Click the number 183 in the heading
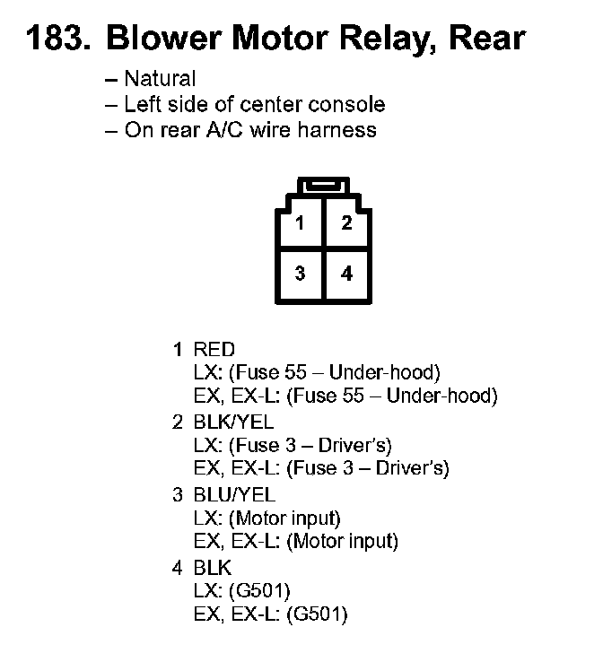pyautogui.click(x=57, y=38)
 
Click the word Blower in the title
pyautogui.click(x=164, y=38)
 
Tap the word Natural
pyautogui.click(x=160, y=79)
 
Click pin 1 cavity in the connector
pyautogui.click(x=300, y=223)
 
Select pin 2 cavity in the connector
pyautogui.click(x=346, y=223)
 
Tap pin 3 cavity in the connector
pyautogui.click(x=300, y=274)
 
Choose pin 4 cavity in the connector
pyautogui.click(x=346, y=274)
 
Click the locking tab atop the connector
pyautogui.click(x=323, y=186)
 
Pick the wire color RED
pyautogui.click(x=214, y=350)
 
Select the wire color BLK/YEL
pyautogui.click(x=233, y=422)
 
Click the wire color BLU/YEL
pyautogui.click(x=234, y=495)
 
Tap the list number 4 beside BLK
pyautogui.click(x=178, y=569)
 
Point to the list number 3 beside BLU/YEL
pyautogui.click(x=178, y=495)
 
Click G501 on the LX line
pyautogui.click(x=259, y=591)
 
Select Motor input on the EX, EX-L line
pyautogui.click(x=343, y=542)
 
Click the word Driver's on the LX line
pyautogui.click(x=355, y=446)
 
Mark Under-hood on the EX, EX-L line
pyautogui.click(x=442, y=396)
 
